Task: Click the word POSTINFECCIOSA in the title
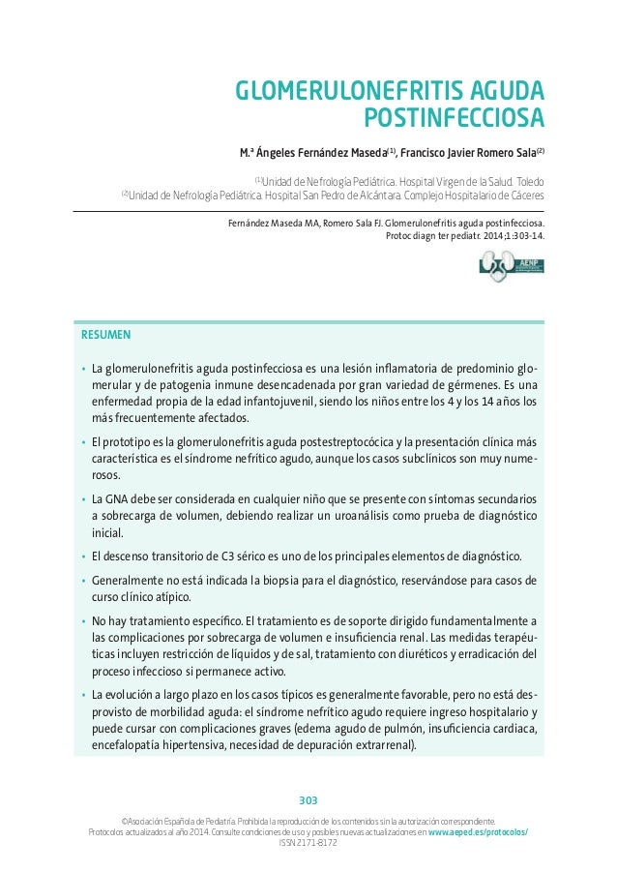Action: (453, 119)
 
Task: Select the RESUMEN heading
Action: (106, 336)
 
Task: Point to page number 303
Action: (308, 800)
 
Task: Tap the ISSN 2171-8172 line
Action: (308, 843)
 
